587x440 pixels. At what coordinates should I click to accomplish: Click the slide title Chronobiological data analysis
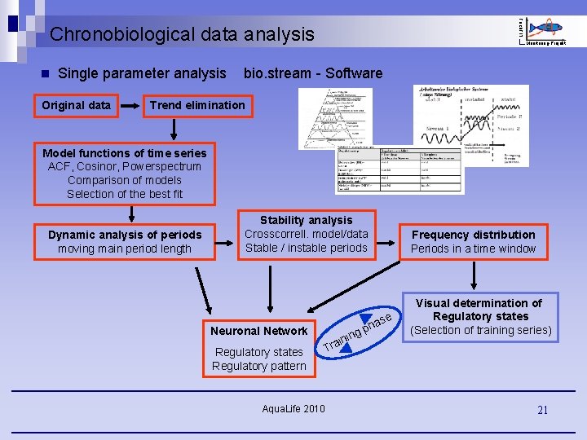tap(181, 34)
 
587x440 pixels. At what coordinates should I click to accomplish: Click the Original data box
tap(76, 104)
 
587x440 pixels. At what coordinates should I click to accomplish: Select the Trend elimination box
tap(197, 104)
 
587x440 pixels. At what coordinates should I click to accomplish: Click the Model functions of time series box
tap(125, 174)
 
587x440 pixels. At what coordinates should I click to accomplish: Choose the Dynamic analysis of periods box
tap(125, 242)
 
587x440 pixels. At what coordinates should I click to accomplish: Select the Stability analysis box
tap(307, 234)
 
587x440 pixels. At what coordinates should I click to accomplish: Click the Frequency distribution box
tap(473, 241)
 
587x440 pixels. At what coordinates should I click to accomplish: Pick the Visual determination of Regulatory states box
tap(480, 316)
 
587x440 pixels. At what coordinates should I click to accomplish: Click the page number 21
tap(542, 411)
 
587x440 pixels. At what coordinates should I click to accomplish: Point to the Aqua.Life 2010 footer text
tap(293, 407)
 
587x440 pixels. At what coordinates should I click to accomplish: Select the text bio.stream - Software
tap(312, 73)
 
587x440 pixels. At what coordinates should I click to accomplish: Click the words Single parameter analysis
tap(142, 73)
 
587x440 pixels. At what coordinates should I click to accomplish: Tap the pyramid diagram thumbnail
tap(335, 118)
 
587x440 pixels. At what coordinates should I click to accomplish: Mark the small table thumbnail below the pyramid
tap(399, 170)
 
